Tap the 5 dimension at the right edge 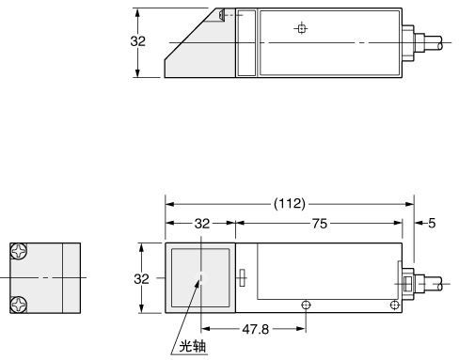tap(432, 224)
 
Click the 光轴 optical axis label tap(192, 346)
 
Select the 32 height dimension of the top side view tap(138, 42)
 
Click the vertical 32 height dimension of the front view tap(138, 278)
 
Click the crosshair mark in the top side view tap(300, 28)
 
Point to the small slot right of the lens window tap(242, 277)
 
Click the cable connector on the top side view tap(409, 43)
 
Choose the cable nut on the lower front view tap(409, 283)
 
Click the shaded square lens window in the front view tap(199, 278)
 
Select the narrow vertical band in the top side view tap(245, 43)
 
